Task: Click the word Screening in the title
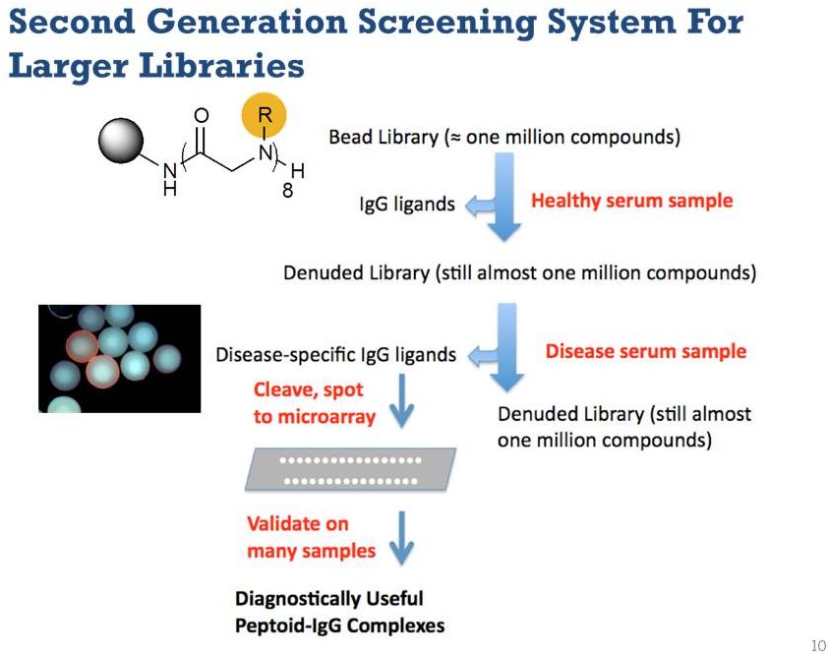(x=446, y=24)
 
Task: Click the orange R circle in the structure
(x=264, y=116)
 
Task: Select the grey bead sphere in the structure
(x=121, y=140)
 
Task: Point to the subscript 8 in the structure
(x=287, y=190)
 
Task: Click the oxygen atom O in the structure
(x=202, y=116)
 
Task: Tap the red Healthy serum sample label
(x=631, y=201)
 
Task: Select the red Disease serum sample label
(x=645, y=351)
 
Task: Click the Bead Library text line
(x=504, y=138)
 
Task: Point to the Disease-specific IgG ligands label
(x=335, y=355)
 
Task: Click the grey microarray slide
(x=350, y=469)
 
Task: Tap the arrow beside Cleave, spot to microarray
(x=402, y=400)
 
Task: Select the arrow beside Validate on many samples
(x=402, y=538)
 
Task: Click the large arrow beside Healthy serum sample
(x=503, y=197)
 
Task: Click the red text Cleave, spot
(x=308, y=390)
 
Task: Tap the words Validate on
(x=298, y=524)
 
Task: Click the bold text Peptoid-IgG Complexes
(x=339, y=626)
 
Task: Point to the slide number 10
(x=818, y=645)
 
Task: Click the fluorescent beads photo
(x=120, y=358)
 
